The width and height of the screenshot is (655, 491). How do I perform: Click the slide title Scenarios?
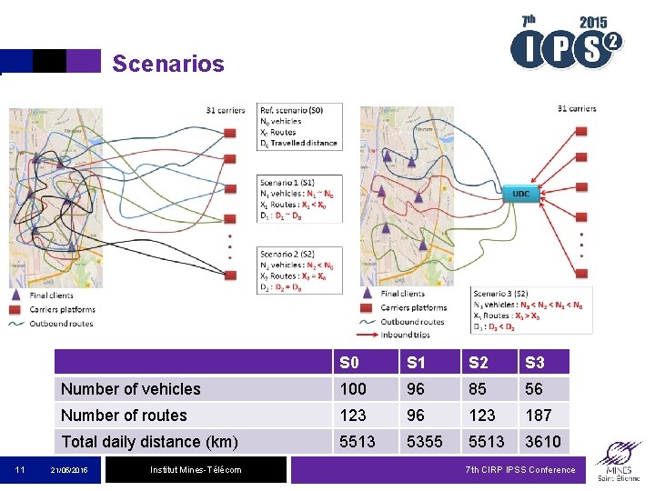167,64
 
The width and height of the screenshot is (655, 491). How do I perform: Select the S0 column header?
348,362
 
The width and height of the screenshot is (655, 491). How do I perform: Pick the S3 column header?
534,362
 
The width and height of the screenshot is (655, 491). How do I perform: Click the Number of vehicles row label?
131,388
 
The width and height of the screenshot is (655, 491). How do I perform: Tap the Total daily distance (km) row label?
149,441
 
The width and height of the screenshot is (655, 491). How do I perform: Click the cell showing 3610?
542,441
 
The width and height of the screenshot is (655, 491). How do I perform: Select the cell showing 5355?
425,441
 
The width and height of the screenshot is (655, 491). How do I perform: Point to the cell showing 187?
539,415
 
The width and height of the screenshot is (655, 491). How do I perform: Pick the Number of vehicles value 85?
477,388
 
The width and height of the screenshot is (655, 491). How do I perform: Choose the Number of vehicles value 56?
534,388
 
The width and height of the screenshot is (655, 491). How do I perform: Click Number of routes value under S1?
416,415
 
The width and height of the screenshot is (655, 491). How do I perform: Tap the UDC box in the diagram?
520,193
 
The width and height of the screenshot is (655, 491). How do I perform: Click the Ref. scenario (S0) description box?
299,126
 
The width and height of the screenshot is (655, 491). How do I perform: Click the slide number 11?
19,469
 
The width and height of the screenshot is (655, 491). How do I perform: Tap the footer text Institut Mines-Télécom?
196,469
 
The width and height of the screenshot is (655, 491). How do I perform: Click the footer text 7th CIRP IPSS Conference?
519,469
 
